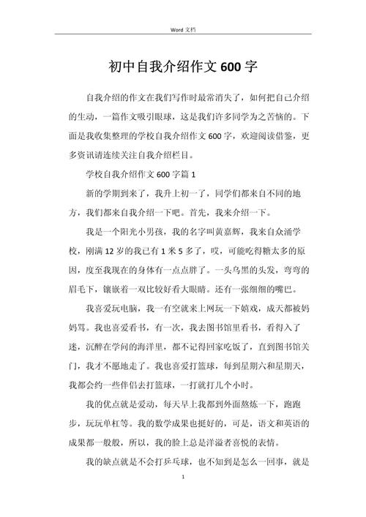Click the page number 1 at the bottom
(x=183, y=477)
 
